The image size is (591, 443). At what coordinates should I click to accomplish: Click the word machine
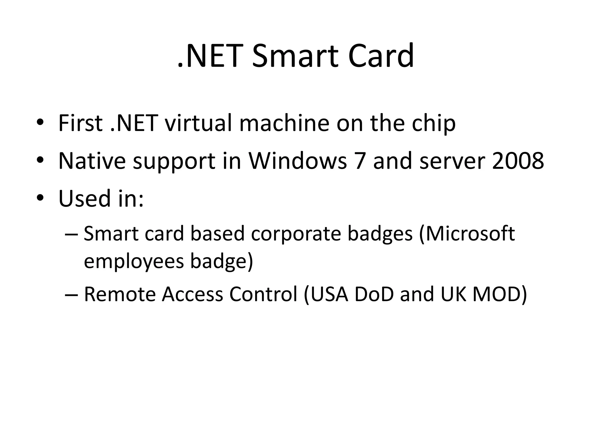(x=284, y=123)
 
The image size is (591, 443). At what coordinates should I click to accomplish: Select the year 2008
(x=518, y=161)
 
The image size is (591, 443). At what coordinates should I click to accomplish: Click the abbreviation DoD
(x=374, y=294)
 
